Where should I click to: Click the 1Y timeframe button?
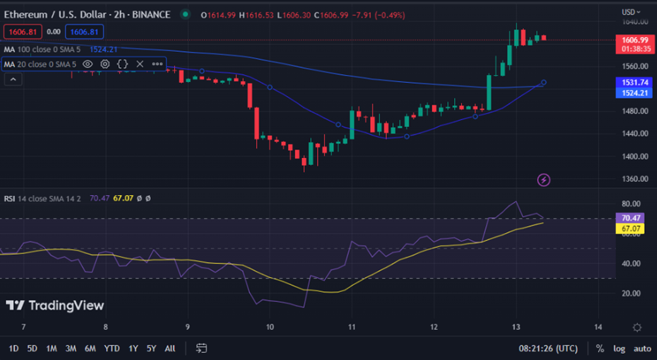point(134,348)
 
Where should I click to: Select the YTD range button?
point(111,348)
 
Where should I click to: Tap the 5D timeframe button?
point(32,348)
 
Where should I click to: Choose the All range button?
point(170,348)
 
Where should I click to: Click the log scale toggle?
point(619,348)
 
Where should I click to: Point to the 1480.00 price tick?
point(634,111)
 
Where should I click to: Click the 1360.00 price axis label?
point(634,179)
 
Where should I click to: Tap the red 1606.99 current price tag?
point(634,39)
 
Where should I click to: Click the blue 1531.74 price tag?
point(634,81)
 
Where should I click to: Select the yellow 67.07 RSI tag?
point(634,228)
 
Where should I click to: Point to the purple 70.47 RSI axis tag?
point(634,218)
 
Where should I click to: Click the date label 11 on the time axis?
point(351,327)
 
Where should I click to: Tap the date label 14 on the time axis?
point(597,327)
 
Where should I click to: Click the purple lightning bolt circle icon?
point(543,180)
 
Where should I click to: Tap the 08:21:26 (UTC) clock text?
point(547,348)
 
